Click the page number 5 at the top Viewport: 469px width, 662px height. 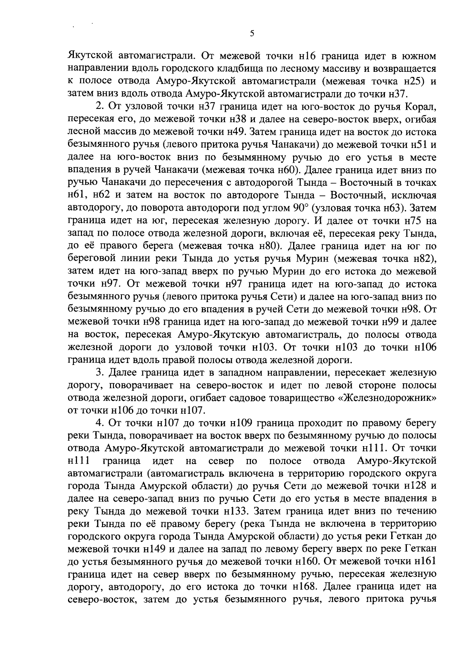[x=252, y=34]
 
